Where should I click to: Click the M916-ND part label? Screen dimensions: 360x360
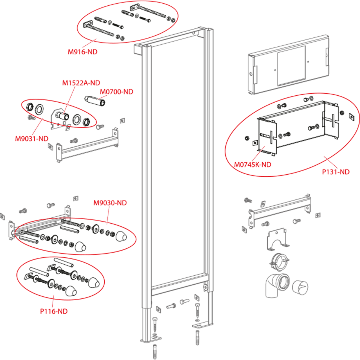[x=83, y=52]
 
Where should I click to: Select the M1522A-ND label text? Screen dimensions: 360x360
[x=81, y=83]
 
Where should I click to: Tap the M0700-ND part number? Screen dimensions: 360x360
[x=116, y=92]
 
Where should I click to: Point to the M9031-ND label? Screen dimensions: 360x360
[x=31, y=139]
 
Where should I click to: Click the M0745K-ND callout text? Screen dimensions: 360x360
[x=253, y=165]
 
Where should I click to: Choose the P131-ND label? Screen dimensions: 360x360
[x=336, y=172]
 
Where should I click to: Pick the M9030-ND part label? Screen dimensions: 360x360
[x=110, y=203]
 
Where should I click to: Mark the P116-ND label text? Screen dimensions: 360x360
[x=54, y=311]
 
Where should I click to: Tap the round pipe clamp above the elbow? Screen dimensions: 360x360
[x=279, y=262]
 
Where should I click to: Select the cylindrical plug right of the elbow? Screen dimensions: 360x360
[x=300, y=287]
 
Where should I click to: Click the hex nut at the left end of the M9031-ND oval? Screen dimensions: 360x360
[x=30, y=107]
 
